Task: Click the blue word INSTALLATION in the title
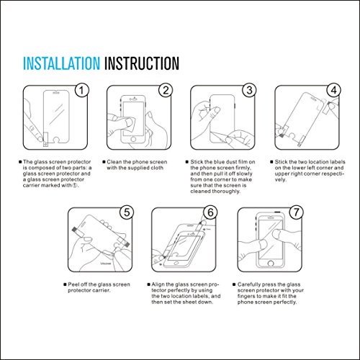click(x=61, y=63)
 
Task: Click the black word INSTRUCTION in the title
click(x=142, y=63)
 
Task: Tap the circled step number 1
click(x=82, y=90)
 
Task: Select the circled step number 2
click(x=166, y=90)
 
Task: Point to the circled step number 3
click(x=250, y=90)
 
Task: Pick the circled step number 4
click(x=334, y=90)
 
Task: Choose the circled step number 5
click(x=127, y=212)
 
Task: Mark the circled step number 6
click(x=210, y=212)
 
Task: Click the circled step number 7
click(x=297, y=212)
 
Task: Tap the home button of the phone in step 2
click(x=133, y=139)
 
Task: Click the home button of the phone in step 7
click(x=271, y=264)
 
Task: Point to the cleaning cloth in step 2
click(x=130, y=125)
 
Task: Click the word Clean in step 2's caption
click(x=114, y=162)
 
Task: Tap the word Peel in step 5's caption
click(x=73, y=284)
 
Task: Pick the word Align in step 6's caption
click(x=158, y=284)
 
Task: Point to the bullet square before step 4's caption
click(x=271, y=162)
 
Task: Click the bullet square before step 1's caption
click(x=20, y=162)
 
